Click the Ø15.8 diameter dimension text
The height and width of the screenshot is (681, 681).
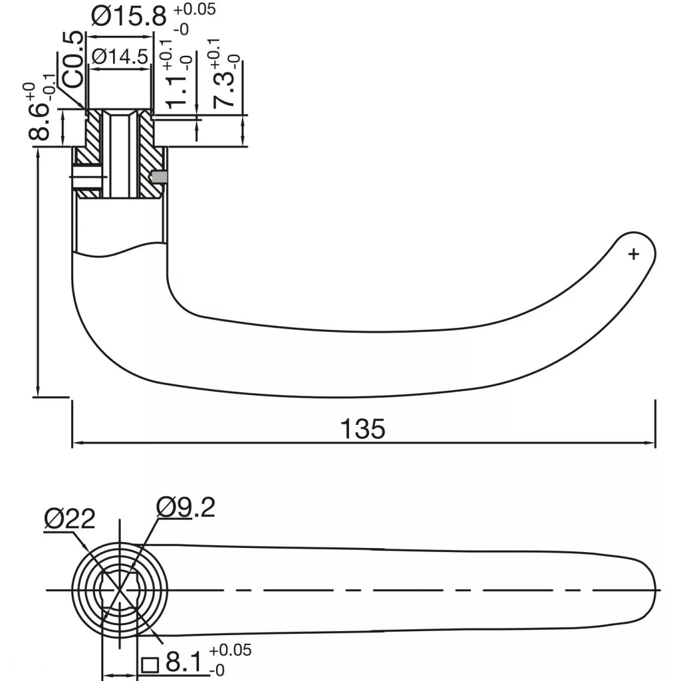128,16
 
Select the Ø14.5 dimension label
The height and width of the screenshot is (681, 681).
120,57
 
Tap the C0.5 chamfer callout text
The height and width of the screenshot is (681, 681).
72,59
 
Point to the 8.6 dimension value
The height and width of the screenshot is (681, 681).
39,122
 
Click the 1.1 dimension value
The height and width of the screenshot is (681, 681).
176,92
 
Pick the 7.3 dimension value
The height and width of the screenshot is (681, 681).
223,90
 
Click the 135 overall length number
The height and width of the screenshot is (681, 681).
362,429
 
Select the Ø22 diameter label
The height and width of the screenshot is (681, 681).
69,519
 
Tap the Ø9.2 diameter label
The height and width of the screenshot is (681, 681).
186,507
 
